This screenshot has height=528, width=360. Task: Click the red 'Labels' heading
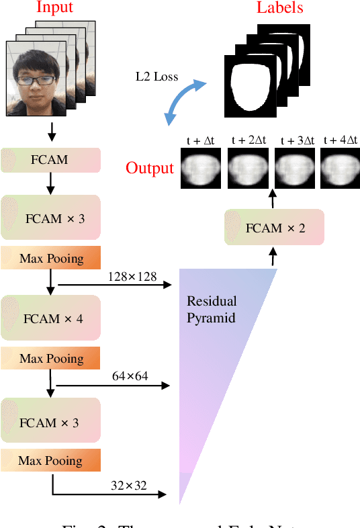click(279, 8)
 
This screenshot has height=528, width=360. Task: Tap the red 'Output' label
click(150, 167)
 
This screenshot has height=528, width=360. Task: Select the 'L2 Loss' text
click(156, 76)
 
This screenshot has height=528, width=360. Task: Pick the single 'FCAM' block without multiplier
click(50, 161)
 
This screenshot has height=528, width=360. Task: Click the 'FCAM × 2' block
click(274, 227)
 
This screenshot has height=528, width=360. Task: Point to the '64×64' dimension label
click(130, 376)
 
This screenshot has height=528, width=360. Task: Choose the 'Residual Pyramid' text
click(212, 309)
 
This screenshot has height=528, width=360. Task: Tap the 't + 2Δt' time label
click(248, 140)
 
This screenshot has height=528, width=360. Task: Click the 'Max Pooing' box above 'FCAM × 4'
click(50, 259)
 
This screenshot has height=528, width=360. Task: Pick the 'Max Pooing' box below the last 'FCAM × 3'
click(50, 461)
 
